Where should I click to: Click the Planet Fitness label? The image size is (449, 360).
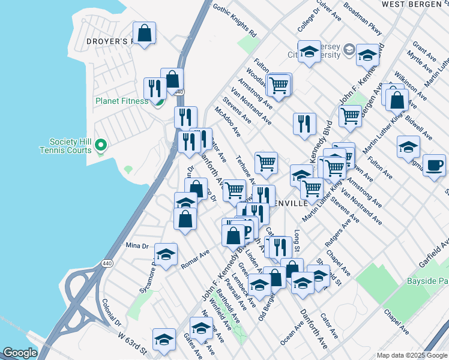pyautogui.click(x=121, y=101)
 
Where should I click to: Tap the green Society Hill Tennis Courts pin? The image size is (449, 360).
pyautogui.click(x=101, y=145)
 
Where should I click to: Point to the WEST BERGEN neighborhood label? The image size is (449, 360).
pyautogui.click(x=415, y=4)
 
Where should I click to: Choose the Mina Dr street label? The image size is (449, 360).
pyautogui.click(x=137, y=246)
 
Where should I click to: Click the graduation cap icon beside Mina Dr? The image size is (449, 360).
pyautogui.click(x=166, y=254)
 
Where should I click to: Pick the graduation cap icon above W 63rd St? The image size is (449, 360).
pyautogui.click(x=164, y=339)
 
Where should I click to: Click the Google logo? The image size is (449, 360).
pyautogui.click(x=20, y=353)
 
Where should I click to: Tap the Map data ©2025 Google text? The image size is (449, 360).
pyautogui.click(x=411, y=355)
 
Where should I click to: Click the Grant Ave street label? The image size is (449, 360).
pyautogui.click(x=424, y=52)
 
